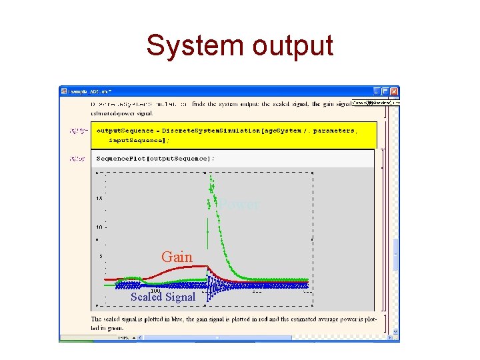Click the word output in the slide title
[x=292, y=46]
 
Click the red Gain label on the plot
[x=177, y=257]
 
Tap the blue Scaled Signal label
[x=163, y=297]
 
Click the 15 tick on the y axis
[x=99, y=199]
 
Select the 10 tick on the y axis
[x=98, y=227]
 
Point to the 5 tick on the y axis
[x=99, y=256]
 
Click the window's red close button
[x=394, y=91]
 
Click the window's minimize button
[x=377, y=91]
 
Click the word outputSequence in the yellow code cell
[x=120, y=131]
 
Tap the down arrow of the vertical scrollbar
[x=395, y=331]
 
